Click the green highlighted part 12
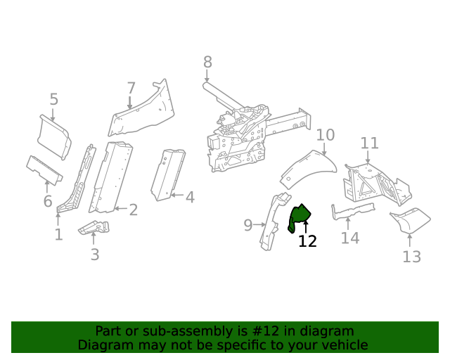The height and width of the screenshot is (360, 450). [x=300, y=216]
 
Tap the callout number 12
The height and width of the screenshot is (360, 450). [x=307, y=241]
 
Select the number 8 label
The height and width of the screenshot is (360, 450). [x=207, y=63]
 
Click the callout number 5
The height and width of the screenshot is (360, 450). [x=53, y=99]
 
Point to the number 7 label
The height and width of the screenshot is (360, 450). [x=131, y=89]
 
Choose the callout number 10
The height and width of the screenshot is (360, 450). [x=325, y=135]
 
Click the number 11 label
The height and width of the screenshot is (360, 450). [x=370, y=143]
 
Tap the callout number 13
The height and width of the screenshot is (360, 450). [x=411, y=257]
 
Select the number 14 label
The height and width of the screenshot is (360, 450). [x=350, y=238]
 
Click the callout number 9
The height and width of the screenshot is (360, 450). [x=248, y=225]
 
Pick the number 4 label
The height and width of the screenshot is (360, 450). [x=190, y=198]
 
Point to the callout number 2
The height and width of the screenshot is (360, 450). [x=133, y=210]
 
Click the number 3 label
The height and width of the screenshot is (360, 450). [x=95, y=255]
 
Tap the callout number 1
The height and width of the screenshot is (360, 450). [x=58, y=234]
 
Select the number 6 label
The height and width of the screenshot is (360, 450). [x=48, y=202]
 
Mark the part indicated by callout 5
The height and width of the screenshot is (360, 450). [x=54, y=136]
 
